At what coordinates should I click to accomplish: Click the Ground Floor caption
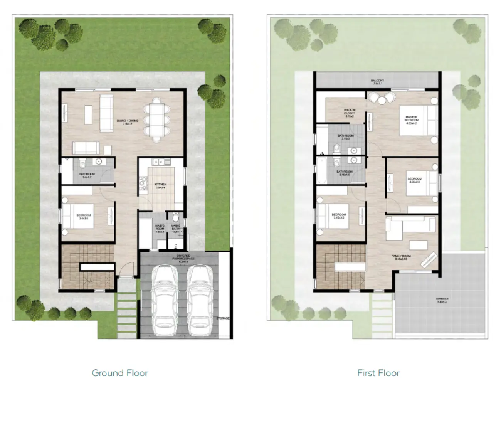click(x=120, y=373)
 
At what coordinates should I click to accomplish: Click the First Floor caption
click(x=378, y=373)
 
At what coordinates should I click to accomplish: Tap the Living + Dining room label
click(x=127, y=123)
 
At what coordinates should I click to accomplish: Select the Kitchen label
click(x=160, y=186)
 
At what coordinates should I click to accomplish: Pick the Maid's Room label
click(x=160, y=229)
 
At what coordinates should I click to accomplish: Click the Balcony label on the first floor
click(x=378, y=82)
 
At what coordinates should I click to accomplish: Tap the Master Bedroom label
click(x=411, y=120)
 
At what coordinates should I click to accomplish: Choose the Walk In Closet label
click(x=349, y=112)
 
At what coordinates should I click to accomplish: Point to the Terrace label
click(x=442, y=300)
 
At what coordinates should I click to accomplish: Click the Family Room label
click(x=401, y=257)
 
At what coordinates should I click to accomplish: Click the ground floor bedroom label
click(x=84, y=217)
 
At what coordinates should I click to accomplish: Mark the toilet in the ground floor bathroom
click(x=82, y=165)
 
